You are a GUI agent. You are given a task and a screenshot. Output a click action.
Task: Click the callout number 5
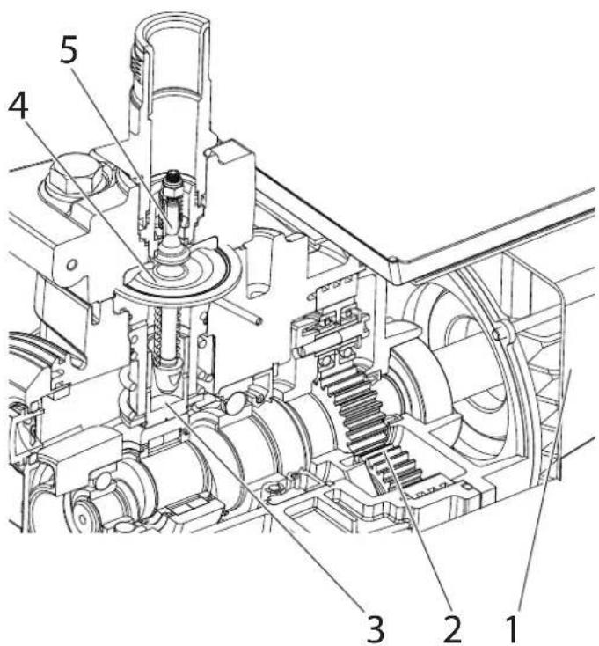pos(69,49)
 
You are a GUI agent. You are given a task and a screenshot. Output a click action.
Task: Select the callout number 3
pos(375,629)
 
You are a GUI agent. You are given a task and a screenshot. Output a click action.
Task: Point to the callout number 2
pos(451,629)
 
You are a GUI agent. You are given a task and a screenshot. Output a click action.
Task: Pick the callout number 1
pos(512,629)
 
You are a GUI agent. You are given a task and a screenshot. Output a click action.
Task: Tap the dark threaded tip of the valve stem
pos(173,177)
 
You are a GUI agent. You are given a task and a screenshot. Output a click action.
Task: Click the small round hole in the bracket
pos(72,264)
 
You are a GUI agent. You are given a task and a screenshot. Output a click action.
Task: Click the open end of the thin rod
pos(258,319)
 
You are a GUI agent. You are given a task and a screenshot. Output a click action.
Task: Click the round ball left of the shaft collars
pos(233,402)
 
